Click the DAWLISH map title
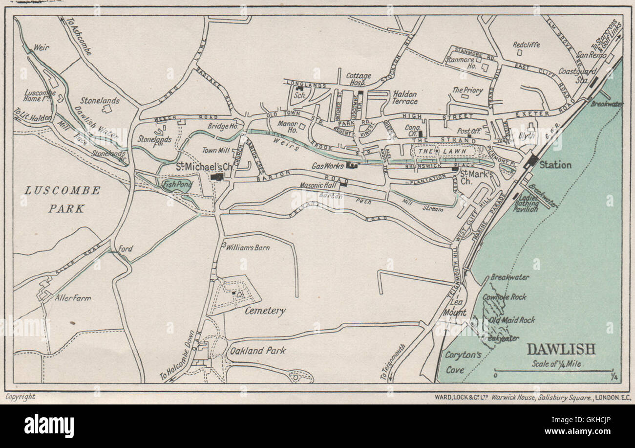tap(561, 349)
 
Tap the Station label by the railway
tap(555, 165)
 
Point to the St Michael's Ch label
tap(204, 167)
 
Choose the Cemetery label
tap(265, 311)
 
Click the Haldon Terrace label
tap(404, 97)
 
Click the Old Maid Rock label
tap(511, 320)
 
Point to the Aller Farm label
tap(73, 297)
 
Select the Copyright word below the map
tap(20, 397)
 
